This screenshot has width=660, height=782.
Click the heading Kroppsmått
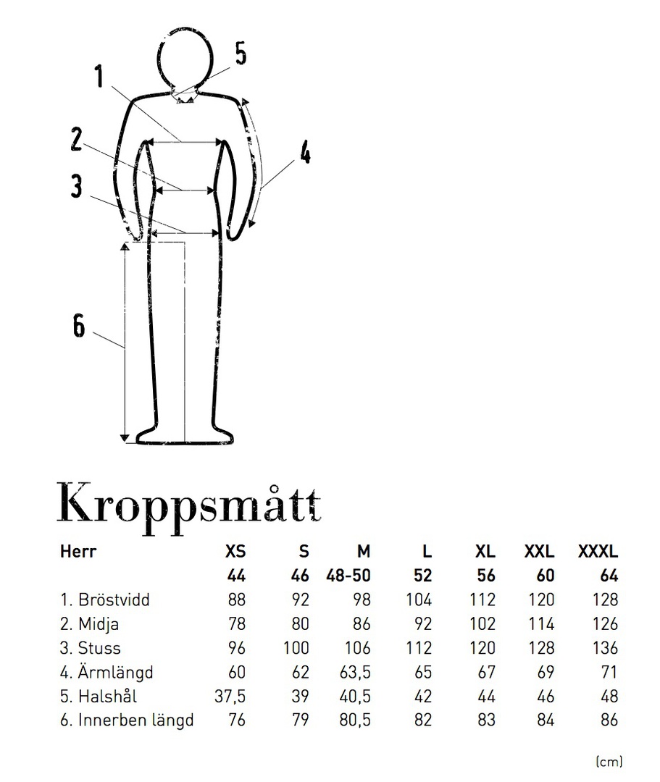click(188, 502)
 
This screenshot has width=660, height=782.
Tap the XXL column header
click(539, 551)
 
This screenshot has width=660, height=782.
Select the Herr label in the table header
click(78, 551)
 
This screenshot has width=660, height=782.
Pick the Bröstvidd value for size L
click(419, 600)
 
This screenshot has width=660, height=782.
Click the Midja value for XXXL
click(604, 623)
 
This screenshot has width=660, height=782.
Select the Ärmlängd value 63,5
click(355, 672)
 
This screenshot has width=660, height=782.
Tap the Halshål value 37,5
click(230, 697)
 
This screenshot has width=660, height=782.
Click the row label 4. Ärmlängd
click(106, 673)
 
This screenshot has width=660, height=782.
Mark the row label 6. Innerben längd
click(127, 721)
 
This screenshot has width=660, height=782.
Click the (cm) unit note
click(609, 761)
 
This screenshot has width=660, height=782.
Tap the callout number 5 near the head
click(241, 53)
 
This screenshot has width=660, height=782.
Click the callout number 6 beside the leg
click(78, 326)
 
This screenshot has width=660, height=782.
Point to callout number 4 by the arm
click(305, 153)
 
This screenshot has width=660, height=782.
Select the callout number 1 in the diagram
click(99, 77)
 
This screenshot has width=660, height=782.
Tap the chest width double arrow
click(188, 142)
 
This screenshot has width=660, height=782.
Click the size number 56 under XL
click(485, 576)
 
